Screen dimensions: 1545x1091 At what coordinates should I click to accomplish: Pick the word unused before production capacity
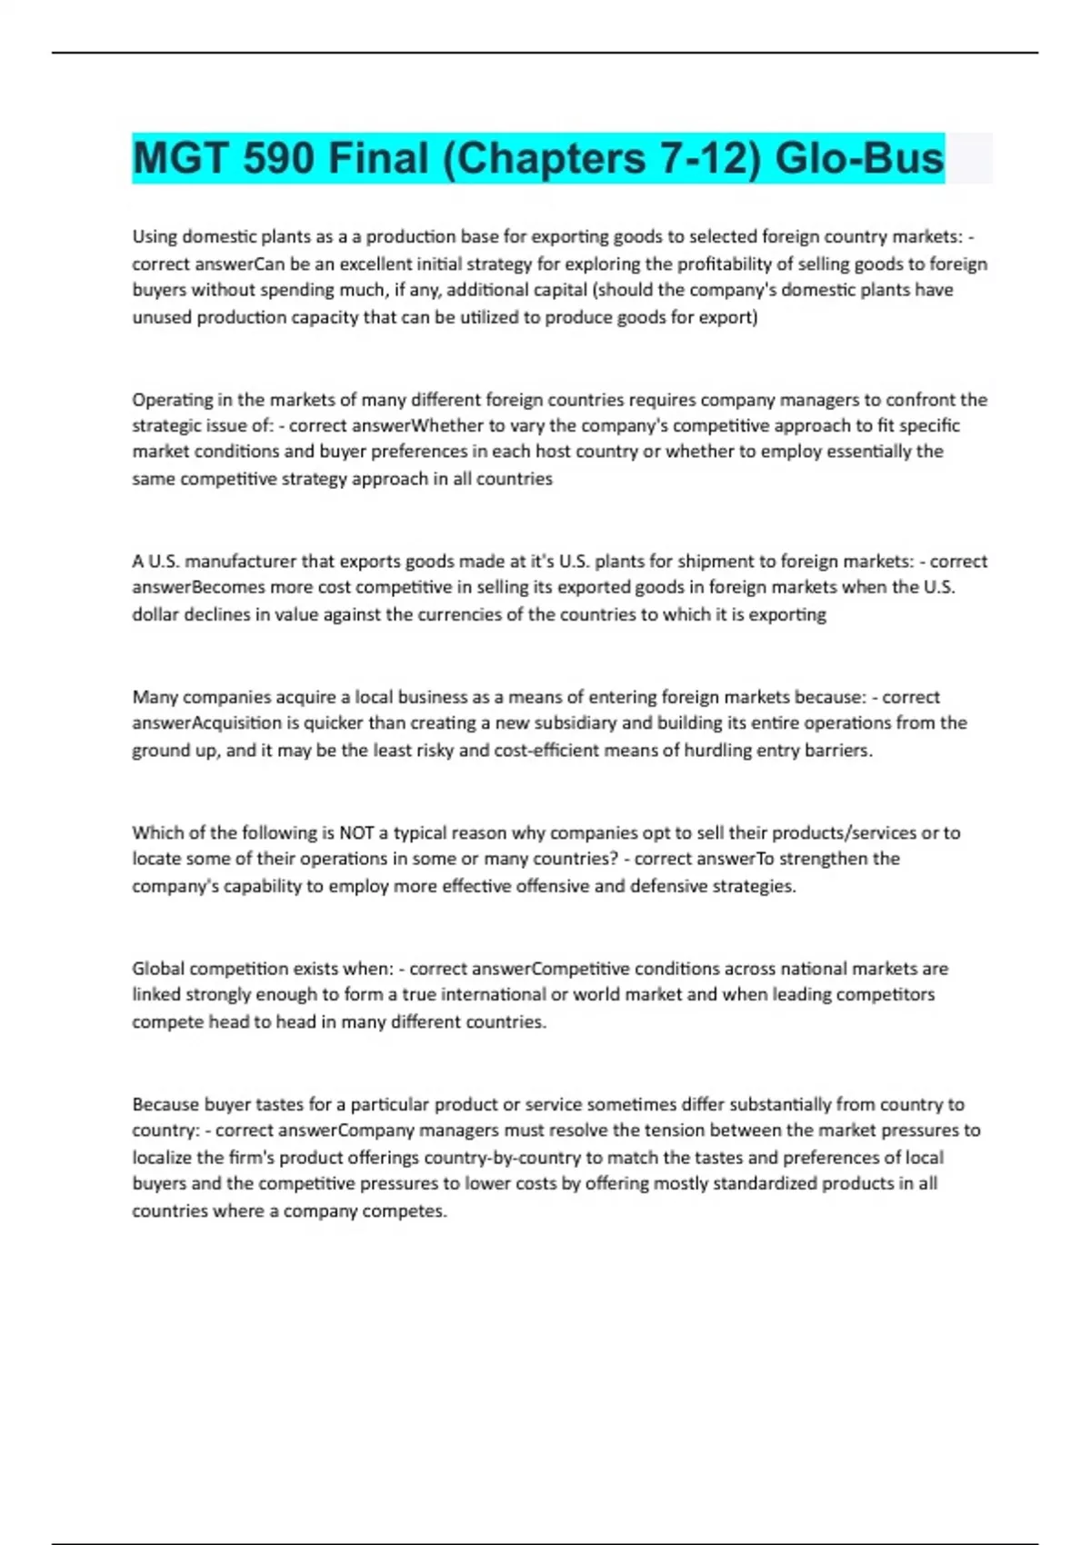(x=162, y=317)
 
